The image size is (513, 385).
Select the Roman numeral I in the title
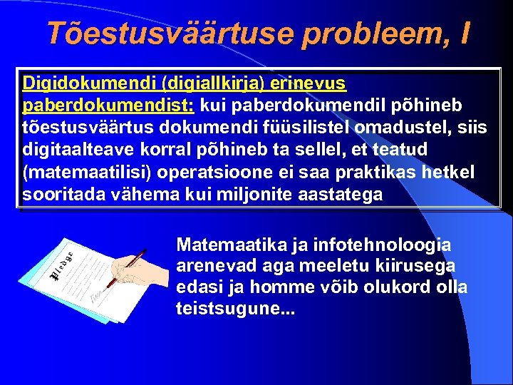click(x=465, y=34)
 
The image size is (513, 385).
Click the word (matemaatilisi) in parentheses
click(x=90, y=173)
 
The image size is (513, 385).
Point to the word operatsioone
click(x=221, y=173)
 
